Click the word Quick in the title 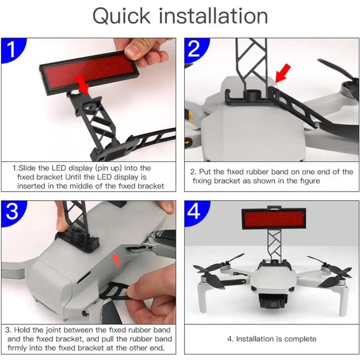122,16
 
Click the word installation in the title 214,16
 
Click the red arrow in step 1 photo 83,84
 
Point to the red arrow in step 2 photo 282,74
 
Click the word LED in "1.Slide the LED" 59,168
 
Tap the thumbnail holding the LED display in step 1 133,49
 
